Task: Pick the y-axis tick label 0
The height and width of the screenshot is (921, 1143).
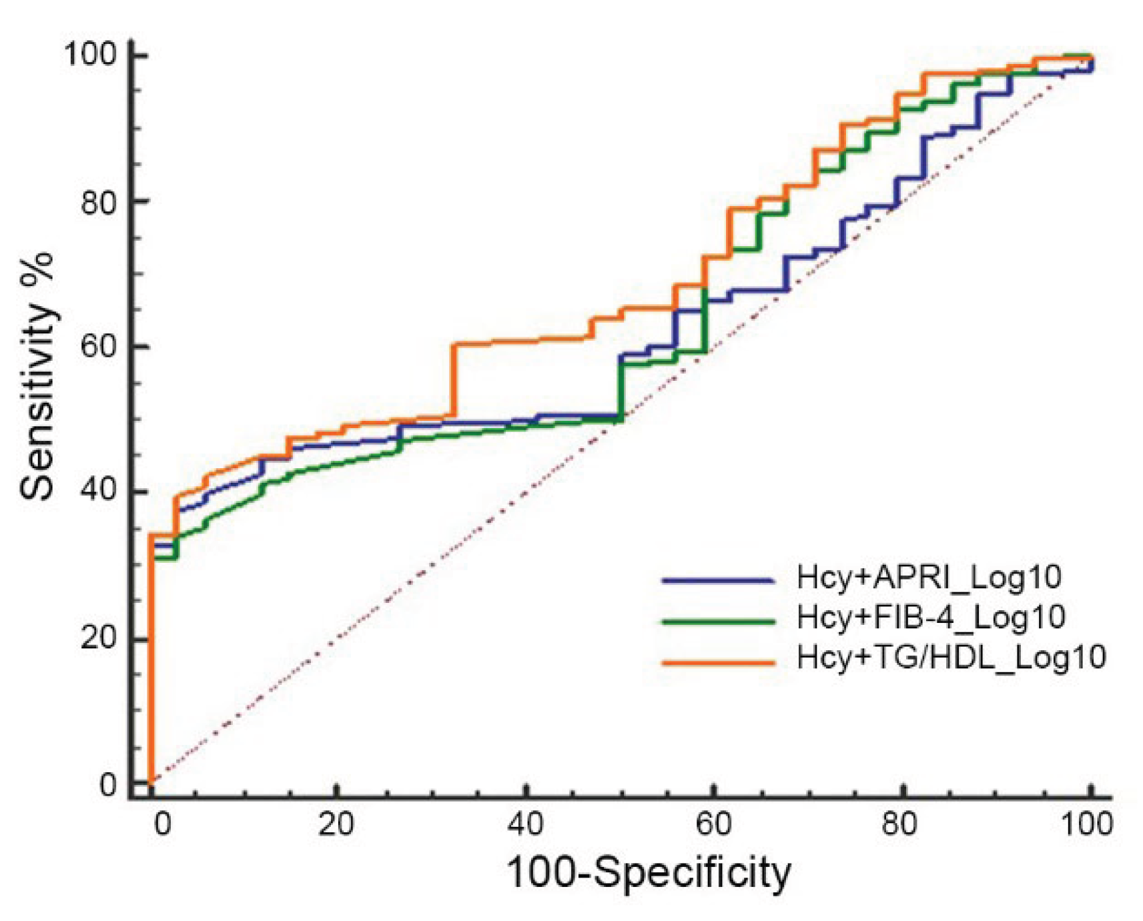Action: click(x=109, y=784)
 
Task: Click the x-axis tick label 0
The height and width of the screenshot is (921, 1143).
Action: click(x=162, y=825)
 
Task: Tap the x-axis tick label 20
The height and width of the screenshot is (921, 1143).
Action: click(x=336, y=825)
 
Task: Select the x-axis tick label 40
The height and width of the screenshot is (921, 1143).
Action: click(x=525, y=825)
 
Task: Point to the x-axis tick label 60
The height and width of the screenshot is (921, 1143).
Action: click(x=713, y=825)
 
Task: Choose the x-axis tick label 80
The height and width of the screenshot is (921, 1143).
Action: click(x=899, y=825)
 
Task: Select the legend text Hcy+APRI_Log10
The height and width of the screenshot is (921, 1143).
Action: click(x=929, y=577)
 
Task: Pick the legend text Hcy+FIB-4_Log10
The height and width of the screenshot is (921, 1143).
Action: click(x=931, y=617)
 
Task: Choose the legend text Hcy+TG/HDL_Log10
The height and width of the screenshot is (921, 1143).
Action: click(x=951, y=657)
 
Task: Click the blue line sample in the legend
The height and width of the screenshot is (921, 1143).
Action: click(x=718, y=581)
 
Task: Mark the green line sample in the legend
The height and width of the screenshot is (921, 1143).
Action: click(x=718, y=622)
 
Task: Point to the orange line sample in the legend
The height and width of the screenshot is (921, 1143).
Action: click(x=718, y=662)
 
